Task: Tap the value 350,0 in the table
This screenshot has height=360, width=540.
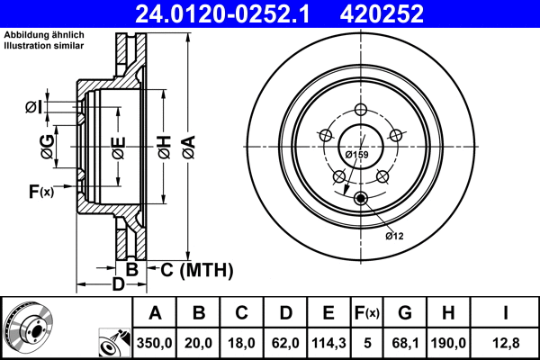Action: pos(155,342)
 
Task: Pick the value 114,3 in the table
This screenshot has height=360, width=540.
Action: pos(328,342)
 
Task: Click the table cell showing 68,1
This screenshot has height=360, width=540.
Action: pos(405,342)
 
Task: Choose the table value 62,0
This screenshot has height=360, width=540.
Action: pos(285,342)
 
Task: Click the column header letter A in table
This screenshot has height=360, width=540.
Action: pos(155,313)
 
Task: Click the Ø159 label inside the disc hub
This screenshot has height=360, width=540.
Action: pos(357,154)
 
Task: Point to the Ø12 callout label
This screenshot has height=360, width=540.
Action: pos(393,236)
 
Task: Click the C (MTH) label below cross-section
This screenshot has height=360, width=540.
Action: pos(197,269)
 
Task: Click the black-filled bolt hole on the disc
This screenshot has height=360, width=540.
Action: pos(361,198)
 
